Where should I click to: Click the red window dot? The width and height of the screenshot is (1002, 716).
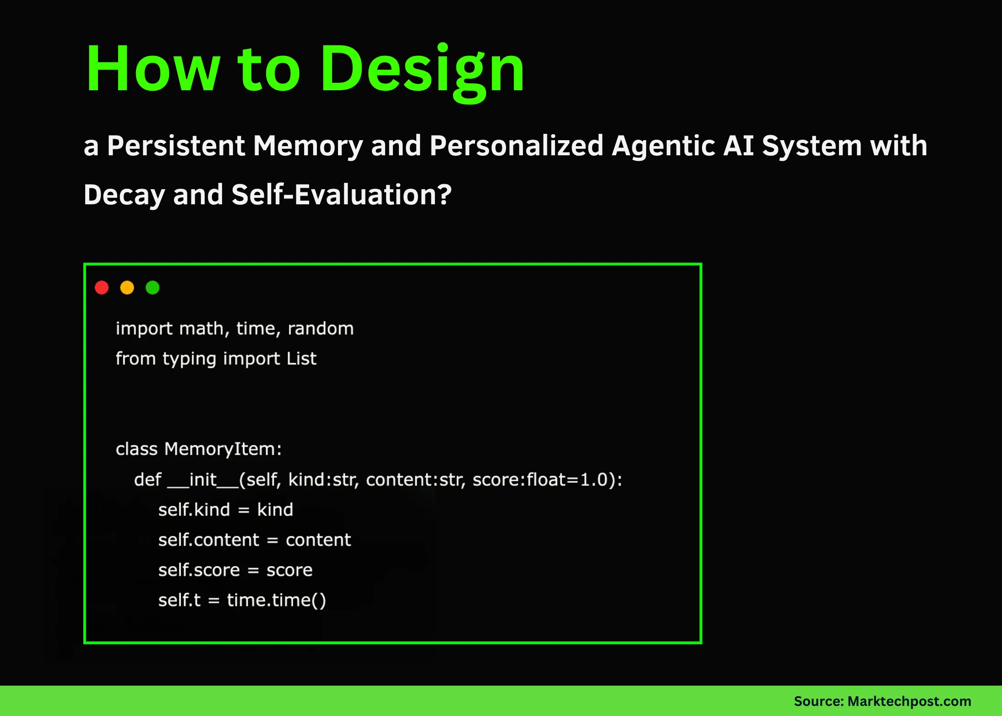coord(102,288)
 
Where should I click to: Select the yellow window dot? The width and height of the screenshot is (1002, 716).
coord(127,288)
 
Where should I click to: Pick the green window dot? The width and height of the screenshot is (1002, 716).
coord(152,288)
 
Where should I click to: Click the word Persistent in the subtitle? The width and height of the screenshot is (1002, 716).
coord(176,146)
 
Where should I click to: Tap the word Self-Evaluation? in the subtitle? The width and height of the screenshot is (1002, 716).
coord(342,195)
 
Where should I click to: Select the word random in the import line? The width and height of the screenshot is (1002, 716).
coord(321,328)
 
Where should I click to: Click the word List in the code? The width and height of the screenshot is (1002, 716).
coord(301,358)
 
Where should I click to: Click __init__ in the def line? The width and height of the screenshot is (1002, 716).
coord(203,480)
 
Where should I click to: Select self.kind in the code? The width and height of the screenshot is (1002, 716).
coord(194,510)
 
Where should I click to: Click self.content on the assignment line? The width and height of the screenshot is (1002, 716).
coord(209,540)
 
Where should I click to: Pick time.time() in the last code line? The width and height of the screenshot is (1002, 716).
coord(277,601)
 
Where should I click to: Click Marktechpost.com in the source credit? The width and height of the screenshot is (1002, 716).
coord(909,701)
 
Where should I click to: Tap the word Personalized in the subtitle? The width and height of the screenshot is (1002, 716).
coord(517,146)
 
